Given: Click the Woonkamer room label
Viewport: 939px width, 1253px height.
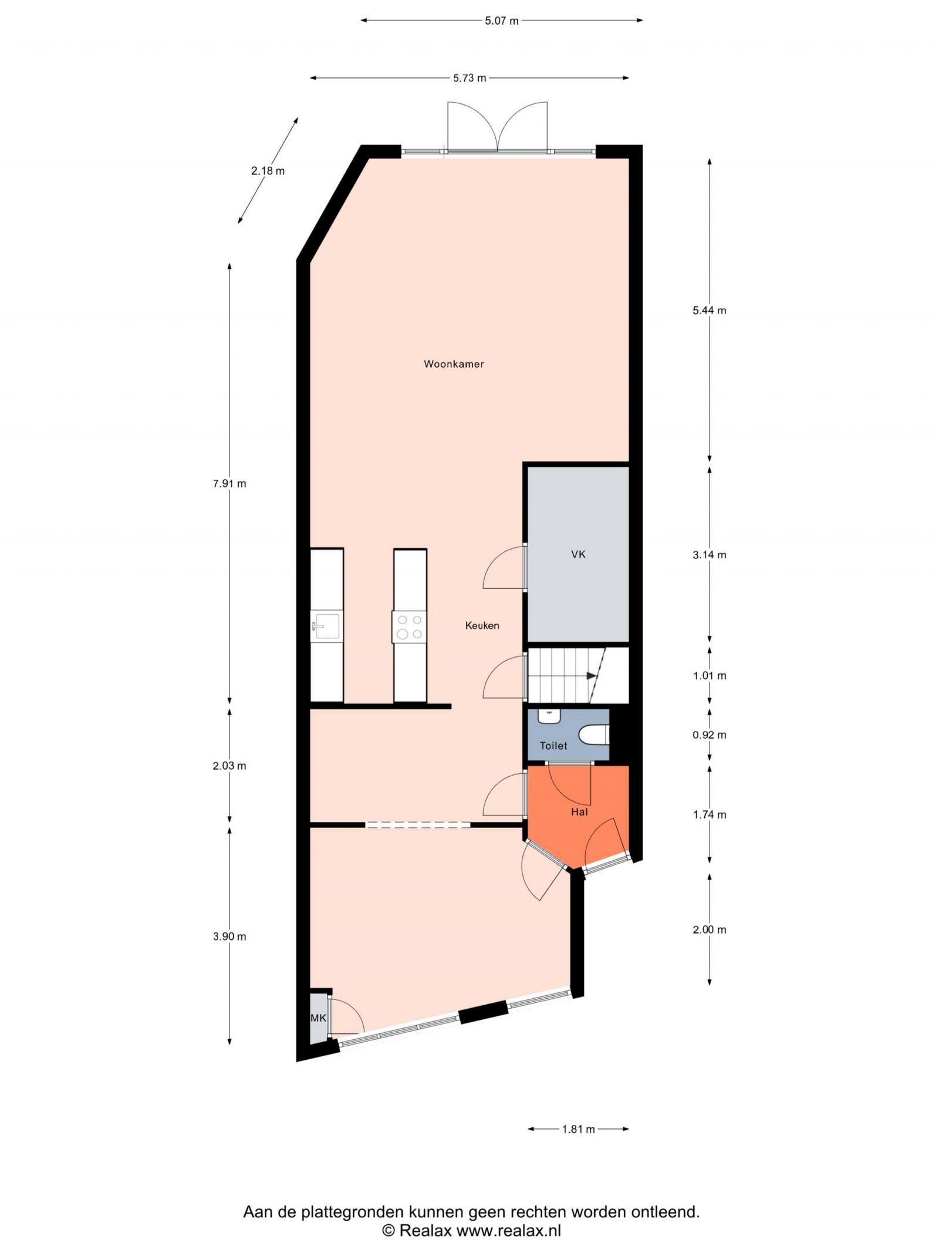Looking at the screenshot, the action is click(454, 364).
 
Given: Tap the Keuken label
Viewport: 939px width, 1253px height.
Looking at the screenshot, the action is click(482, 626).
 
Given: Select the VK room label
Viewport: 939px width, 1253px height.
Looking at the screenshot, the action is click(578, 554).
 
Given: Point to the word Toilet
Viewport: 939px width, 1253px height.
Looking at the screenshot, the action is click(553, 746).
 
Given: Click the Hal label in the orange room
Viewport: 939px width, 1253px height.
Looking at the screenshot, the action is click(579, 812).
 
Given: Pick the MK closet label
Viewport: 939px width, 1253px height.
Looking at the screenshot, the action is click(318, 1018).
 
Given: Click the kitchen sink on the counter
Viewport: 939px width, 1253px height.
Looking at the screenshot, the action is click(326, 626).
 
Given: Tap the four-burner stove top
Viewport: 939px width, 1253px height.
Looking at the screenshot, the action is click(410, 626).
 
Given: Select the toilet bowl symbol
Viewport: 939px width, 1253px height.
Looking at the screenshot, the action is click(594, 735).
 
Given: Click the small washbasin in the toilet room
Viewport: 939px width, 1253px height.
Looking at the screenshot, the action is click(550, 716).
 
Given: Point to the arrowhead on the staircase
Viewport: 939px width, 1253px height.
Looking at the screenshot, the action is click(592, 676).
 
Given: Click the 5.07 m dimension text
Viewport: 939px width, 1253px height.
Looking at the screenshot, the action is click(502, 21).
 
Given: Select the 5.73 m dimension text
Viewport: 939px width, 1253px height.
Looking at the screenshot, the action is click(469, 78).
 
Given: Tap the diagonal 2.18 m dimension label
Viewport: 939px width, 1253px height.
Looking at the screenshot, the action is click(268, 171).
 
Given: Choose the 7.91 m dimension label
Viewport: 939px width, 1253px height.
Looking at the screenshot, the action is click(229, 484).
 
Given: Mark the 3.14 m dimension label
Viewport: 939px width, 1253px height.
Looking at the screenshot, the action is click(710, 555).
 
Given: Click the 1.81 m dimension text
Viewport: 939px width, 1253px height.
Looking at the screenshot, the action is click(579, 1129).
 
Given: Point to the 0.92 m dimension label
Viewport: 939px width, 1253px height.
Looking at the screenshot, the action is click(710, 735).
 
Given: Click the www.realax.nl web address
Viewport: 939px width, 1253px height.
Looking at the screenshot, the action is click(509, 1231).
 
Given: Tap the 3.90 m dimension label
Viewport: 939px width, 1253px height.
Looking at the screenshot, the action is click(229, 937).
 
